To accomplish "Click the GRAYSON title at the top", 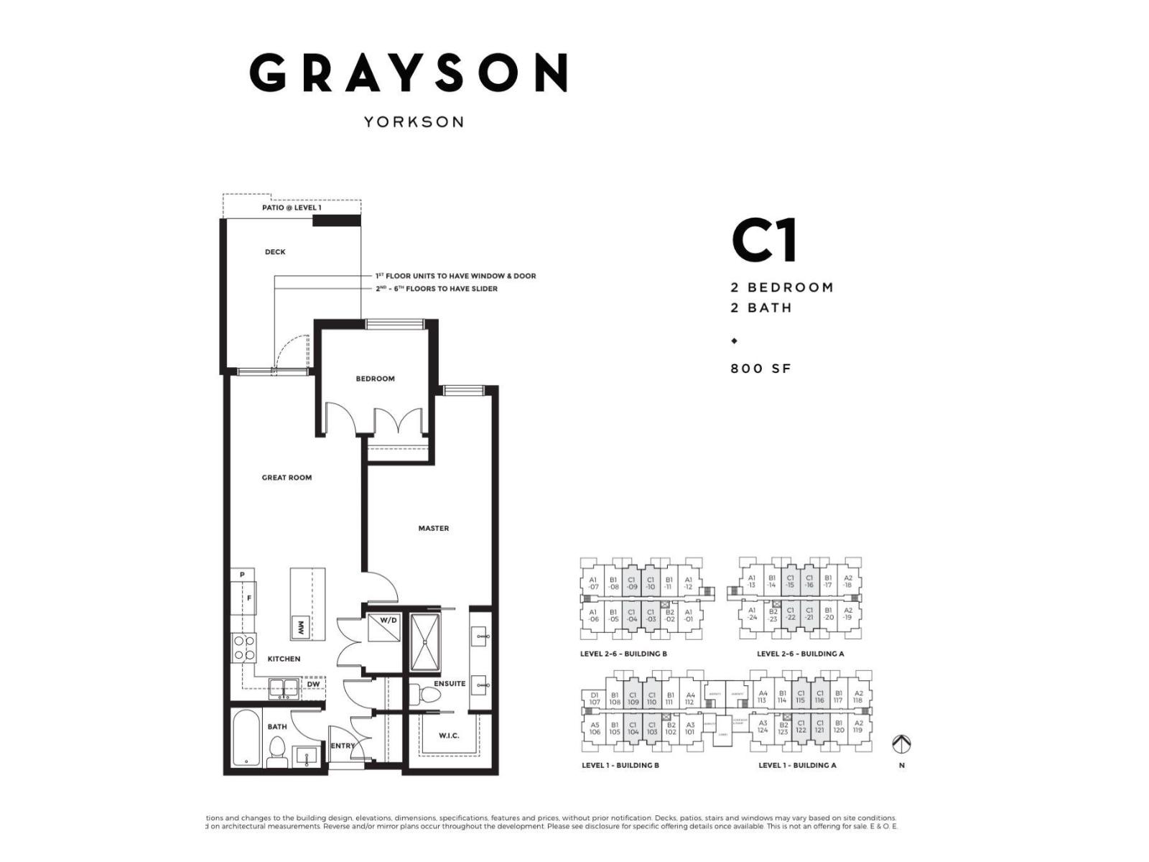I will coord(409,73).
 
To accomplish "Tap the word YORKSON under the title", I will coord(413,121).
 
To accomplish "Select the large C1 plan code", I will coord(764,241).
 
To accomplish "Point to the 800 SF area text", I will coord(760,369).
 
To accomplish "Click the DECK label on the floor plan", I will coord(275,252).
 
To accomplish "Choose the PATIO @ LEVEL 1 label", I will coord(292,208).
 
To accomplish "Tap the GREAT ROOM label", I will coord(287,478).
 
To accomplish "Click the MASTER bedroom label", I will coord(434,529).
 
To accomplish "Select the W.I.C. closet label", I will coord(449,736).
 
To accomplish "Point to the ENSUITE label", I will coord(450,684).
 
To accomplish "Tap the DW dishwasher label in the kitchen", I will coord(313,685).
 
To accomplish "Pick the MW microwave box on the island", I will coord(298,628).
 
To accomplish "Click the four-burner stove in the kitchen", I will coord(243,648).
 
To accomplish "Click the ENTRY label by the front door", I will coord(342,746).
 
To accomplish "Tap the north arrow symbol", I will coord(901,744).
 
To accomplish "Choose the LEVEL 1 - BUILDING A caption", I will coord(797,766).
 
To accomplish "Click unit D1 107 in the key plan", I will coord(595,699).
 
